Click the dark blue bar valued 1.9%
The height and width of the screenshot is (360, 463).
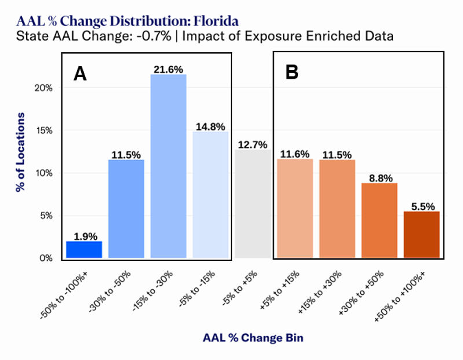pos(84,249)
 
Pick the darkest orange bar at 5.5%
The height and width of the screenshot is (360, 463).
pos(421,234)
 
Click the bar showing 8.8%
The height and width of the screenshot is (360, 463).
pos(379,221)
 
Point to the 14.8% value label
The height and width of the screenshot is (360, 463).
pos(211,126)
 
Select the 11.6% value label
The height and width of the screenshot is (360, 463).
pos(295,153)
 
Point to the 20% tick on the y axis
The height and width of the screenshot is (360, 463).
pos(44,88)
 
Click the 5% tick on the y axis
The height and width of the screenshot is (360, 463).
pos(46,216)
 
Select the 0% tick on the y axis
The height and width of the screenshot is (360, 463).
pos(46,258)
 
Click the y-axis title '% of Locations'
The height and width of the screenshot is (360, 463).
pos(20,152)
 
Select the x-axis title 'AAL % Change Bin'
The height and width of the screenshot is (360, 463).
pos(252,337)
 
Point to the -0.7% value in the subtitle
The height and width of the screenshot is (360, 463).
pos(152,36)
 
